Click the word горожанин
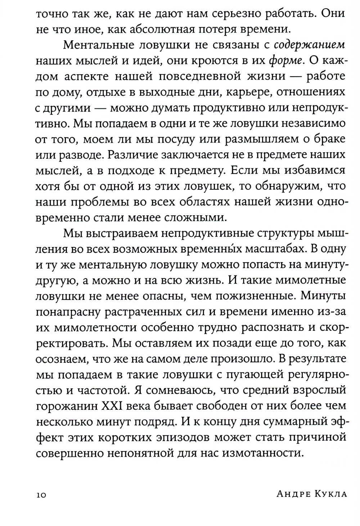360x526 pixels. (x=66, y=406)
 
